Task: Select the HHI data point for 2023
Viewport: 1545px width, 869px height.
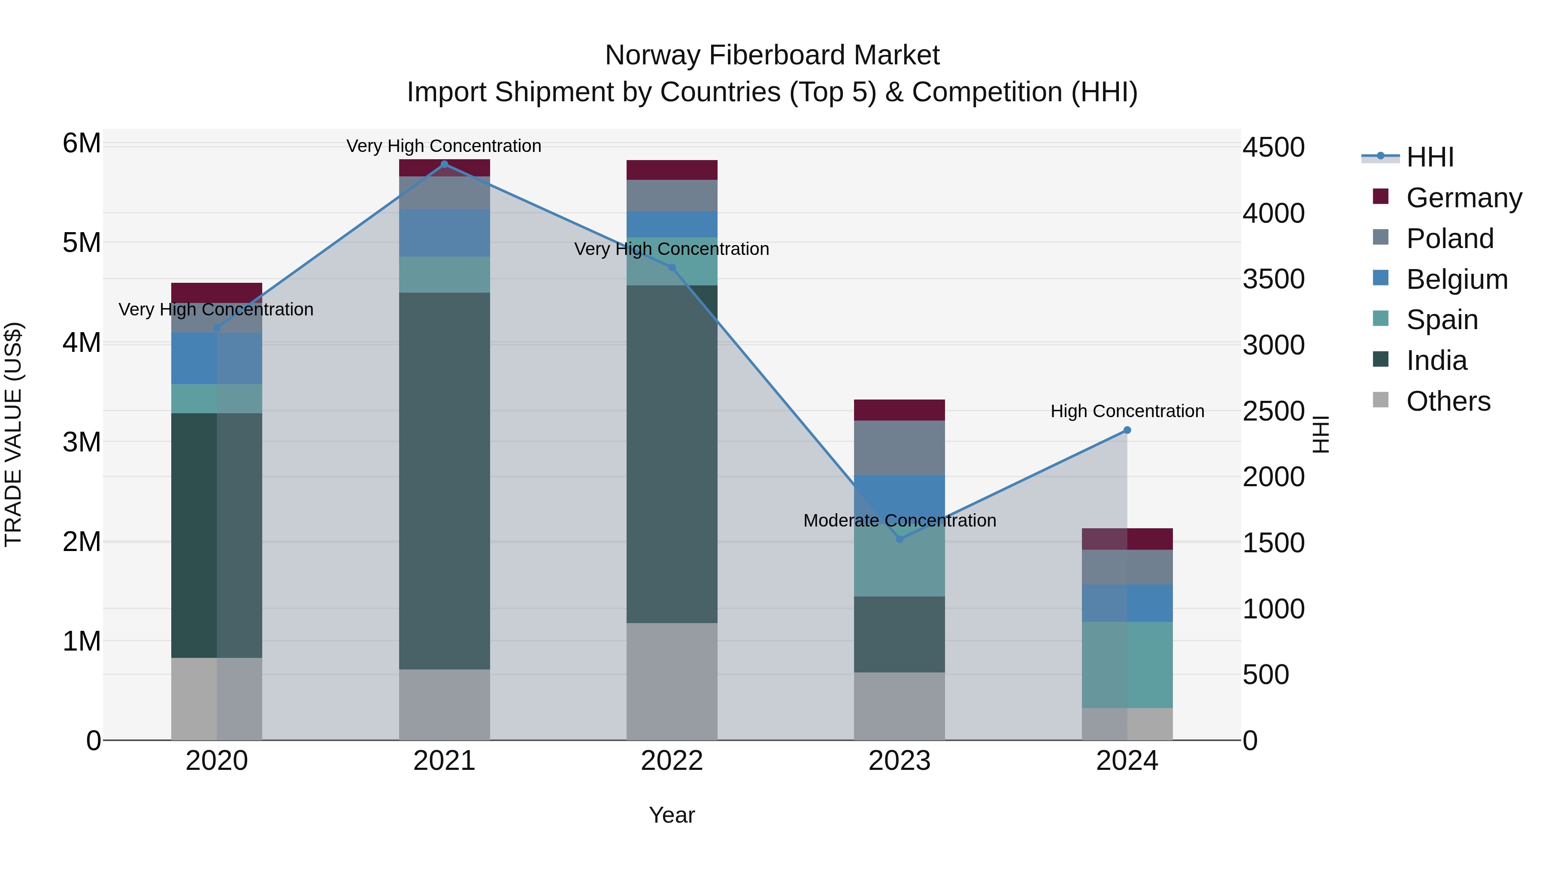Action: point(899,539)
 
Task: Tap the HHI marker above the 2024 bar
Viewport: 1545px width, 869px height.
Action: point(1127,430)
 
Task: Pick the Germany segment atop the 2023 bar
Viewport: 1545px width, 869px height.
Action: point(899,410)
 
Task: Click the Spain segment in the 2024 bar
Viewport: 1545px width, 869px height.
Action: point(1127,664)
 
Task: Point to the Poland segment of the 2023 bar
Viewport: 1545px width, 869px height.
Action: point(899,448)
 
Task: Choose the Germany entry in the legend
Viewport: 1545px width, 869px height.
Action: point(1463,197)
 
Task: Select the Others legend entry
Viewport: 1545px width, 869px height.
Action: point(1448,401)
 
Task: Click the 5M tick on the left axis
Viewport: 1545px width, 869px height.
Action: point(82,243)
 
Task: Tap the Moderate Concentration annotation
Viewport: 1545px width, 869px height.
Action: point(899,520)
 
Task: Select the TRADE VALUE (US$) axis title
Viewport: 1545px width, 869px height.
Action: point(14,434)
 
